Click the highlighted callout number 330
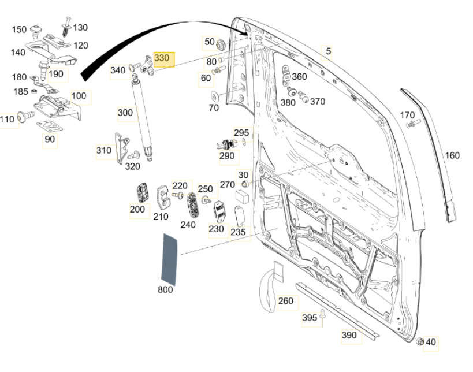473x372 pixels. point(162,58)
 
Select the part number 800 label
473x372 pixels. point(165,289)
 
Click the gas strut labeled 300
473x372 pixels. point(144,118)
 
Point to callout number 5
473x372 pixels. point(328,51)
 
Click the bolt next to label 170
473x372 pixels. point(411,124)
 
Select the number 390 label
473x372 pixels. point(349,335)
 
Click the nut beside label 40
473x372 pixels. point(420,341)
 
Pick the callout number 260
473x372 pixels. point(285,300)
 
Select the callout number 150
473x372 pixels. point(20,29)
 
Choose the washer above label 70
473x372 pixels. point(214,95)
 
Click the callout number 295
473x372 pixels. point(241,132)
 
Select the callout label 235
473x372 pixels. point(238,232)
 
